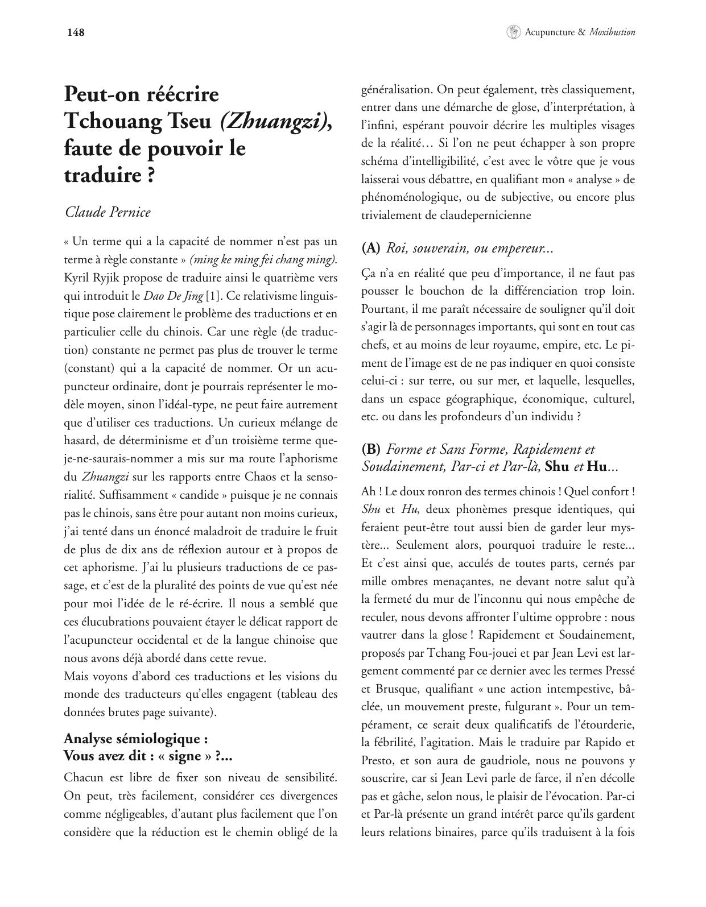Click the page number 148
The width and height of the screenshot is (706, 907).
coord(76,32)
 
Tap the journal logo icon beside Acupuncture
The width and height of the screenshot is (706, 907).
coord(513,32)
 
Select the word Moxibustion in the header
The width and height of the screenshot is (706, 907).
coord(612,32)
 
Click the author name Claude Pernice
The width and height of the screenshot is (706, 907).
coord(108,212)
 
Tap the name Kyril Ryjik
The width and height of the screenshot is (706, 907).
coord(91,278)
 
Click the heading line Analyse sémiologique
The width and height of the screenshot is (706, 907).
coord(135,739)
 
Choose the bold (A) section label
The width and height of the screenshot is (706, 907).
coord(371,248)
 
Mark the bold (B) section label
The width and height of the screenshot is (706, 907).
coord(371,449)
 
